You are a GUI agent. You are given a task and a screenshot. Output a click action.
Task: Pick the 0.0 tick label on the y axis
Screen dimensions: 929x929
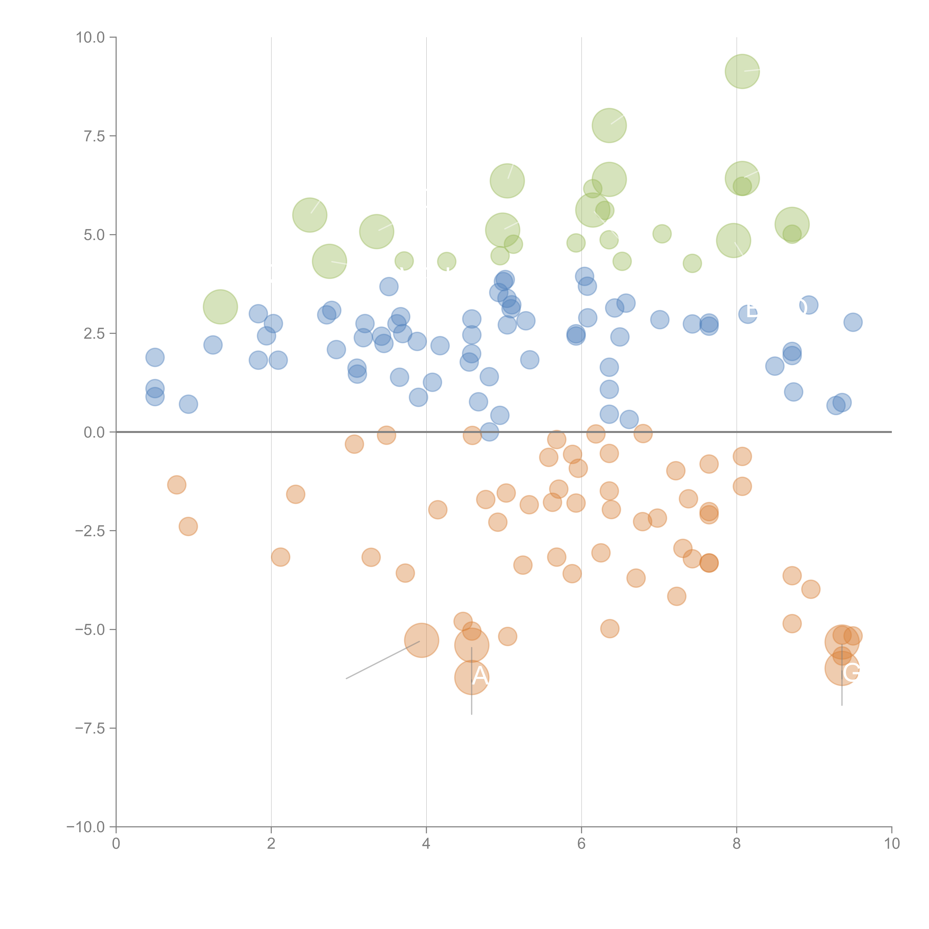[94, 432]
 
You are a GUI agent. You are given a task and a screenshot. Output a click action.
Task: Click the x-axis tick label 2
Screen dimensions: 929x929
[271, 844]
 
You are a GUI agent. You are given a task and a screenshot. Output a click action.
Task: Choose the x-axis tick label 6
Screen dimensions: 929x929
[581, 844]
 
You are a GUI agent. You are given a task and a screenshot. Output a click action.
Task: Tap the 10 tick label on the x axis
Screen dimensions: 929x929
[891, 844]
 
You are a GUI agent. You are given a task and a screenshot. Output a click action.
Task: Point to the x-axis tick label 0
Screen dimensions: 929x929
[116, 844]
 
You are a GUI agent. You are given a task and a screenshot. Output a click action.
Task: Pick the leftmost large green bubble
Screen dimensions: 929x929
[220, 307]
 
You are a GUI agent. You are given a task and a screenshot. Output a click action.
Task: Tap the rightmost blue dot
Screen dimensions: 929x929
[853, 322]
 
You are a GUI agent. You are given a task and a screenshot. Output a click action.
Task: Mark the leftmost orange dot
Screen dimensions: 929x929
[177, 485]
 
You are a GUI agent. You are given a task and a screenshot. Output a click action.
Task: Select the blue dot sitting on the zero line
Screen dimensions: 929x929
[489, 432]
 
